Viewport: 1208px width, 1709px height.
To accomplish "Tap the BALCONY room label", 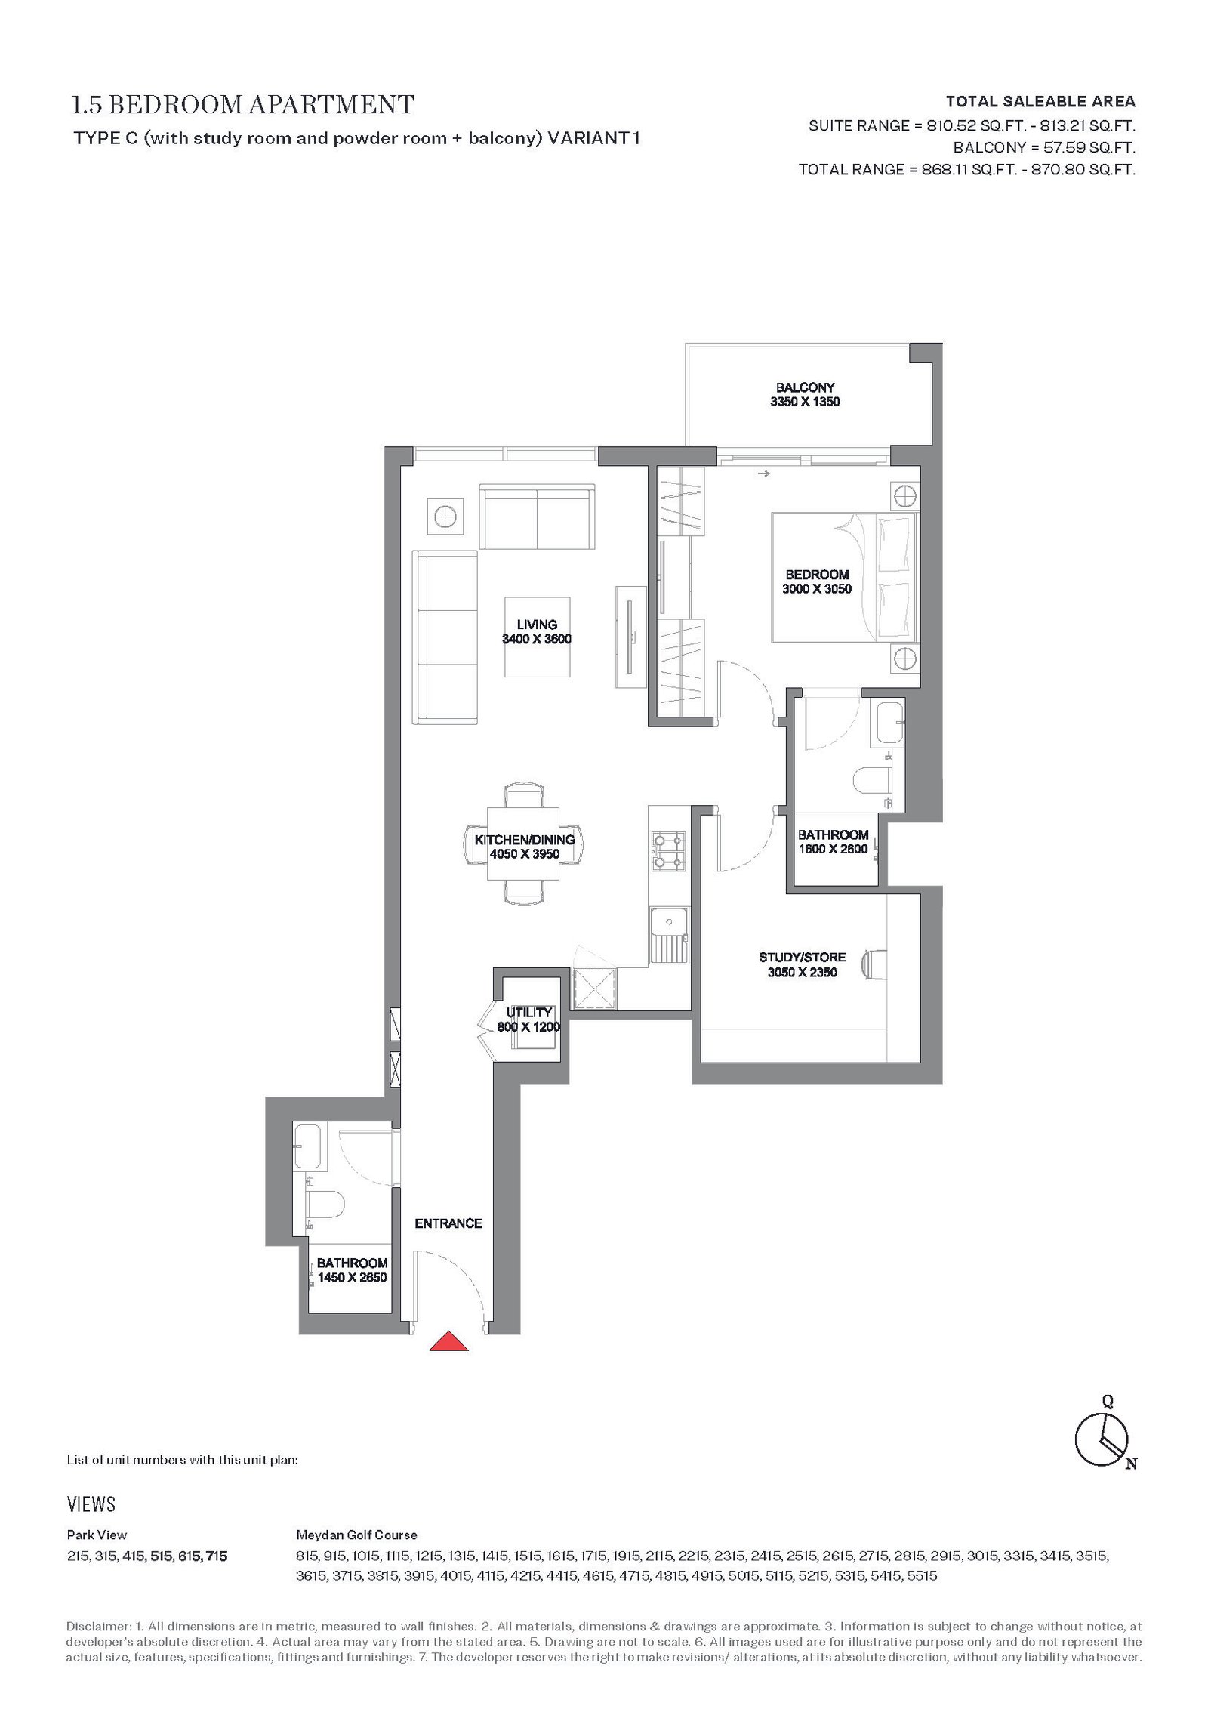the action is click(x=805, y=387).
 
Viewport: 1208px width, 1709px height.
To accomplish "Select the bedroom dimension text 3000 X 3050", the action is click(x=818, y=589).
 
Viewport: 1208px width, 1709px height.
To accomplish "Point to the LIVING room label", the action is click(x=537, y=625).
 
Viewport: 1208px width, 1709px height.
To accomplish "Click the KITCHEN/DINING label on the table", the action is click(x=525, y=840).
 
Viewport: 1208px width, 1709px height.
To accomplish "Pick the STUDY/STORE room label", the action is click(x=802, y=958).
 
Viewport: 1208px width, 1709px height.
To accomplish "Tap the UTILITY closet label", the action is click(x=529, y=1012).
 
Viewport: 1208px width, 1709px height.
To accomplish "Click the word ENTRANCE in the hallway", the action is click(x=448, y=1223).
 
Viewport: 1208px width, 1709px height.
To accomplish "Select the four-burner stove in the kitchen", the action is click(x=669, y=852).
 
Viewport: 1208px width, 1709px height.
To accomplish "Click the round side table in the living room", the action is click(x=445, y=517).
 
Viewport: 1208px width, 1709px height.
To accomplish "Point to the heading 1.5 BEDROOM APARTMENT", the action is click(x=243, y=104).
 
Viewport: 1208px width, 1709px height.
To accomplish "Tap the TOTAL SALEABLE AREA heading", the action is click(x=1041, y=101).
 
